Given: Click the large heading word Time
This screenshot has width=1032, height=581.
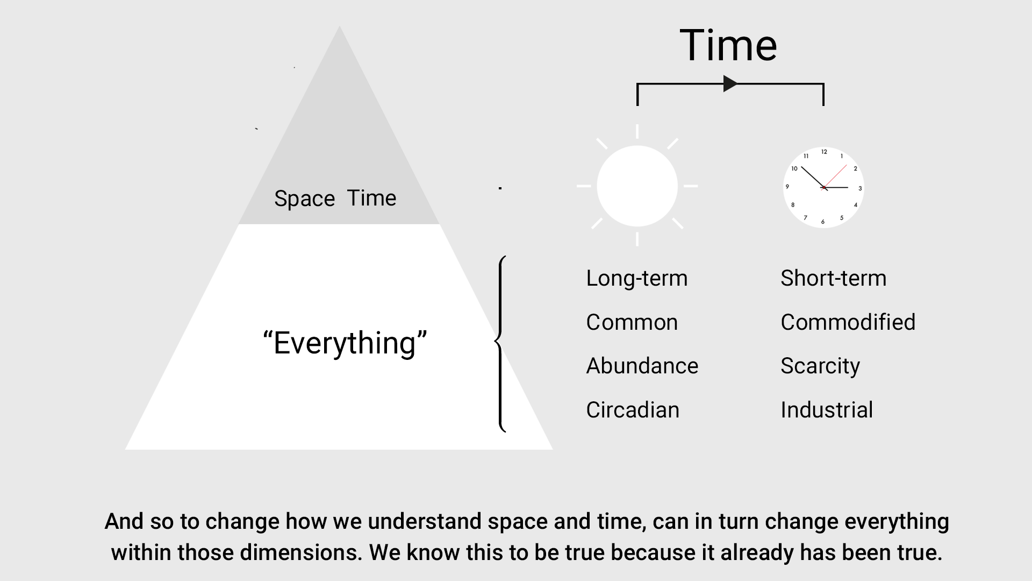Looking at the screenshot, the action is click(728, 45).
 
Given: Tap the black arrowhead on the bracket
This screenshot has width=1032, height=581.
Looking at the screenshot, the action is click(730, 83).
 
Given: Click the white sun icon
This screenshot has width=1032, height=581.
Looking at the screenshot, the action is click(637, 186).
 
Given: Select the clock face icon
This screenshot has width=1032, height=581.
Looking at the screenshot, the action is click(823, 187).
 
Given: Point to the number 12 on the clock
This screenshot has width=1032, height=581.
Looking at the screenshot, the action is click(824, 152).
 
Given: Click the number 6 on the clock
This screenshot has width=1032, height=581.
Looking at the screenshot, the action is click(822, 222).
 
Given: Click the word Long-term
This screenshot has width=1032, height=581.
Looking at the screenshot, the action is click(637, 278).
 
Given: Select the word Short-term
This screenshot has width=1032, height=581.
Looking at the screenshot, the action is click(834, 278).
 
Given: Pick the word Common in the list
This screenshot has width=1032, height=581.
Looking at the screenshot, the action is click(632, 322).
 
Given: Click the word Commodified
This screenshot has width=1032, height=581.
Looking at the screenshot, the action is click(848, 322).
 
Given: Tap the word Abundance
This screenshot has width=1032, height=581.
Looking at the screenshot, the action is click(642, 366).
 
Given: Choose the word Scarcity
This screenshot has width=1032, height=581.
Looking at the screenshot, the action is click(820, 366).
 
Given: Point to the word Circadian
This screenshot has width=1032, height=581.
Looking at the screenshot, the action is click(633, 410).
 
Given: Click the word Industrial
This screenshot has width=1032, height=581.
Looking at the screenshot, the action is click(827, 410).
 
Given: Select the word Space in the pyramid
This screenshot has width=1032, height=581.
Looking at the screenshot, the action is click(305, 199).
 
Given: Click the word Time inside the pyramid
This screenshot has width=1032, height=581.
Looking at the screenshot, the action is click(371, 198).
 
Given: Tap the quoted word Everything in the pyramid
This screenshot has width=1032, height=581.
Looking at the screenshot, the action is click(345, 343).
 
